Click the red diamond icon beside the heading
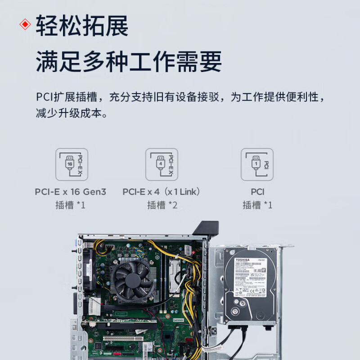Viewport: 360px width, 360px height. pyautogui.click(x=25, y=25)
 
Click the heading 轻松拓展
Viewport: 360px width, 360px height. pyautogui.click(x=82, y=26)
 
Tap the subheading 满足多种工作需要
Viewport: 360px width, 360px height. pyautogui.click(x=129, y=62)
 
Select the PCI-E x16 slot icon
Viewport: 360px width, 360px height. pyautogui.click(x=72, y=164)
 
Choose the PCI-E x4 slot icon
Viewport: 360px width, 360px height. pyautogui.click(x=162, y=164)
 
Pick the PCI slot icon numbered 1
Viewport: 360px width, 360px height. pyautogui.click(x=257, y=164)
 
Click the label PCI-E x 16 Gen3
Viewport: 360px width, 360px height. pyautogui.click(x=71, y=192)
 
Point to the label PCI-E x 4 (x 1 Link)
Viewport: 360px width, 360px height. pyautogui.click(x=162, y=192)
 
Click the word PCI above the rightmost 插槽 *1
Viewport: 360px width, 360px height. pyautogui.click(x=257, y=192)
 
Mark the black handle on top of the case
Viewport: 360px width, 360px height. pyautogui.click(x=205, y=227)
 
